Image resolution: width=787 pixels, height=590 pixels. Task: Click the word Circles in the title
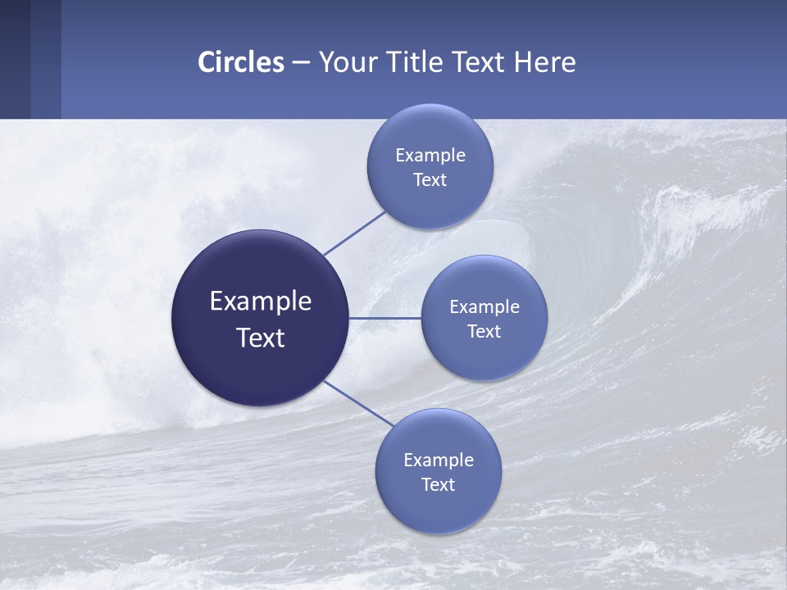point(240,62)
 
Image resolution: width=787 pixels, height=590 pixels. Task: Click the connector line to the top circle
point(354,232)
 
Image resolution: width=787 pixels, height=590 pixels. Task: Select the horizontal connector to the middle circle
point(385,318)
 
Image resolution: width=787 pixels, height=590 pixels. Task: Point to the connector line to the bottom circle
point(358,403)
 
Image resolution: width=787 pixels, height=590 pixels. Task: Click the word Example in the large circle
point(261,302)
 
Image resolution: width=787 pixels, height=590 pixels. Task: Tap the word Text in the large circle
point(261,338)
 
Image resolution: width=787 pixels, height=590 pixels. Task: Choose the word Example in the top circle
point(430,156)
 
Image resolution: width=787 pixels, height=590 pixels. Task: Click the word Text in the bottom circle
point(438,484)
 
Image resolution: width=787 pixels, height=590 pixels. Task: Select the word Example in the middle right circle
point(484,307)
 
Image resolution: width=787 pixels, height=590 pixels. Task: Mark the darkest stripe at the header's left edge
point(15,59)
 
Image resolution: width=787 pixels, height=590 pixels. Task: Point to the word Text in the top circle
point(430,180)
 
